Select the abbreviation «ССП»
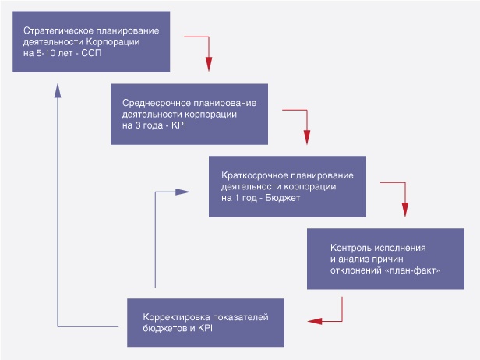point(91,53)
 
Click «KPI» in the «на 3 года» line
point(178,125)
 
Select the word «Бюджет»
point(283,198)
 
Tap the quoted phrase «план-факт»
point(413,270)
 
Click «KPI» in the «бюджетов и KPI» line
point(205,328)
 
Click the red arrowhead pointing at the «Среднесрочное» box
point(209,64)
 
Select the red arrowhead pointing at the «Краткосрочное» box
point(307,137)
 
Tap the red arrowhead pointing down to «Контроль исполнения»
point(405,210)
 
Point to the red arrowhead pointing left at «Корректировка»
point(315,321)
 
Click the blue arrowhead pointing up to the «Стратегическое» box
point(58,90)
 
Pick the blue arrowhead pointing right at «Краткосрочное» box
point(183,192)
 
